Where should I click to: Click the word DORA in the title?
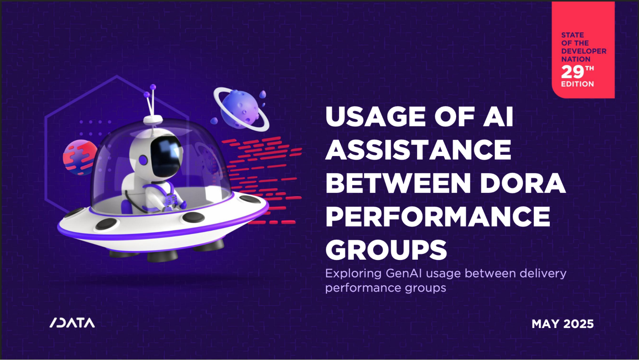(523, 183)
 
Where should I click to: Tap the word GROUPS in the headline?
(386, 250)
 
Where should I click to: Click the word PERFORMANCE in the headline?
(438, 216)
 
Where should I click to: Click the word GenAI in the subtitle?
(404, 273)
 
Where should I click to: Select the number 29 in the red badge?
(573, 72)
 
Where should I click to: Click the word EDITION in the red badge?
(577, 84)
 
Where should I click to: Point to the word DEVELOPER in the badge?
(584, 51)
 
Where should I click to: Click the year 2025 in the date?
(578, 324)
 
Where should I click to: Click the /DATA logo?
(72, 323)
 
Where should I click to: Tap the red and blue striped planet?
(80, 157)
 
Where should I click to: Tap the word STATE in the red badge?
(573, 35)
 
